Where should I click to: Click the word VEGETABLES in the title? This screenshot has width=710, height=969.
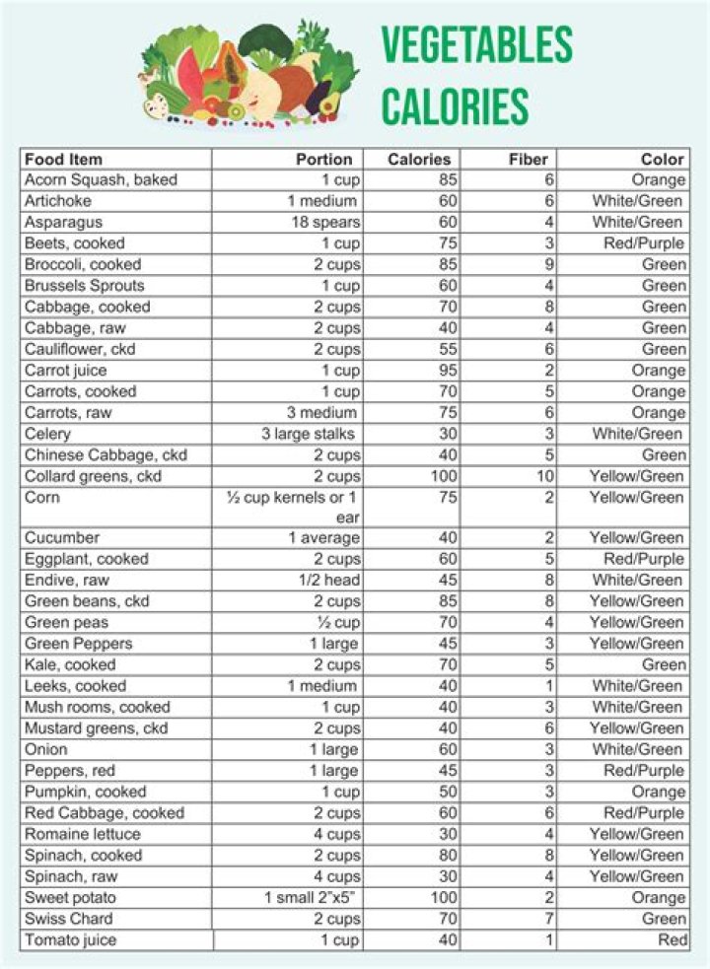coord(476,45)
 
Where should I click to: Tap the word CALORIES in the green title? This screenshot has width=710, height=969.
coord(455,105)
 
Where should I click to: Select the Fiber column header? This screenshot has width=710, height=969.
coord(528,159)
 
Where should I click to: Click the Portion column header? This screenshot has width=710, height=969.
coord(323,159)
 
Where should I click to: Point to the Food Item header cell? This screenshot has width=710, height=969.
coord(63,159)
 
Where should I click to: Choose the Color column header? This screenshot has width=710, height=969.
coord(662,159)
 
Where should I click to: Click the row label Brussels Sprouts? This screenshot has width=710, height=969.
coord(84,286)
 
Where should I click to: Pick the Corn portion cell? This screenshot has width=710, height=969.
coord(293,508)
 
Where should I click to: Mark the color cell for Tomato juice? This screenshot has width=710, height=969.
coord(673,940)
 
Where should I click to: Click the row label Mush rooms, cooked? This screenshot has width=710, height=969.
coord(97,707)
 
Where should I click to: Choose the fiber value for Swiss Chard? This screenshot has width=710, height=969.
coord(548,919)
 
